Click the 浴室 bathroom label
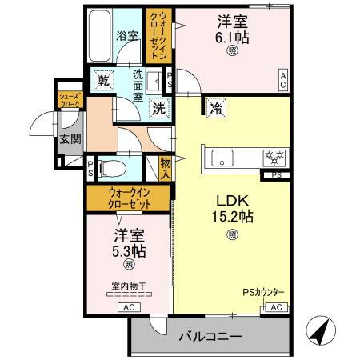[x=127, y=37]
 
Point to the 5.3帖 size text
[x=129, y=249]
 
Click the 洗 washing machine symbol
[x=159, y=108]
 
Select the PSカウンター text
[x=262, y=294]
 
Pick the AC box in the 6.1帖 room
[x=283, y=78]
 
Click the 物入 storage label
[x=166, y=166]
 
